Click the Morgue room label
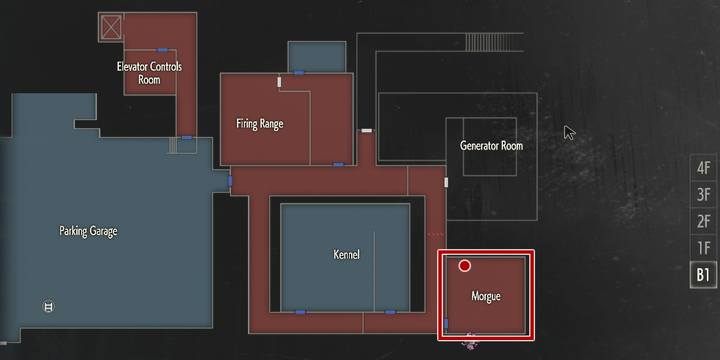coord(485,297)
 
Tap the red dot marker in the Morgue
coord(465,266)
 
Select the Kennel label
coord(346,255)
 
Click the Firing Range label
coord(260,125)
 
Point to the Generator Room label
coord(491,146)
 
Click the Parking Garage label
coord(88,231)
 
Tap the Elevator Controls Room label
coord(149,72)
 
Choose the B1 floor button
coord(703,274)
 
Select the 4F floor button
coord(703,168)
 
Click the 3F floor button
coord(703,194)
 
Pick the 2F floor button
coord(703,220)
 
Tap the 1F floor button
coord(703,247)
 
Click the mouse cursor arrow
coord(569,132)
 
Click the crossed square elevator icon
coord(111,26)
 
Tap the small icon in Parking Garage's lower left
coord(47,306)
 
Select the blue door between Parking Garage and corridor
coord(230,182)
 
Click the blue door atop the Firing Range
coord(298,72)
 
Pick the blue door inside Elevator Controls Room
coord(162,49)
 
